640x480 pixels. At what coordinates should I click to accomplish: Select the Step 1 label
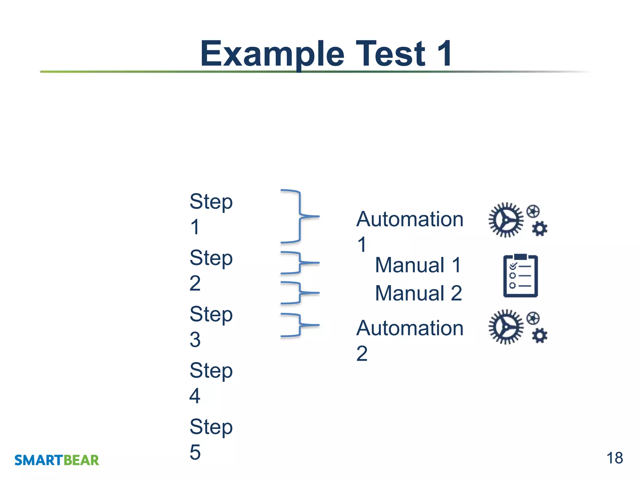211,214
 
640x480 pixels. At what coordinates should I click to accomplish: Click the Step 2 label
211,270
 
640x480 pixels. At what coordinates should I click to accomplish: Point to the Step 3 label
211,326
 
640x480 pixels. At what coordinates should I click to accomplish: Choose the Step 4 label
211,382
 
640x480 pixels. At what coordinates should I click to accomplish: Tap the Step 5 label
211,439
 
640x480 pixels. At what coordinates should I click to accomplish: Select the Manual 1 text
418,265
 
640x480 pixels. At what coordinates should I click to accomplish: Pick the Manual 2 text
418,293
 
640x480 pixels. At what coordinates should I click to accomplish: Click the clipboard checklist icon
520,276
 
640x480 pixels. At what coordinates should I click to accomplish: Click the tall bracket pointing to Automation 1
299,216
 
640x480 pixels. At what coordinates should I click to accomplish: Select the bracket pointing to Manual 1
299,263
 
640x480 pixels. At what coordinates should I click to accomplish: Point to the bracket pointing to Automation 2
299,325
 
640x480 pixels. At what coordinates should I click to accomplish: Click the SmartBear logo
57,460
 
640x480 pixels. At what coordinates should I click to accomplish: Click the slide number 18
614,458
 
